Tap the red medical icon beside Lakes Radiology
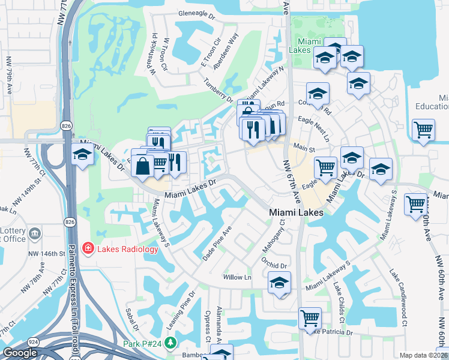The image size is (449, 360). coord(88,248)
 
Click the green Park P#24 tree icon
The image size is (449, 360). coord(171,343)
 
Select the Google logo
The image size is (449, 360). coord(20,353)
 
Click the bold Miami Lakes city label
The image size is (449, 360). coord(296,212)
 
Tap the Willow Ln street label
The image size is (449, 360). coord(237,277)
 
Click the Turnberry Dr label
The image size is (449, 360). coord(217,90)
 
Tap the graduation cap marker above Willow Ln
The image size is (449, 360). coord(279,282)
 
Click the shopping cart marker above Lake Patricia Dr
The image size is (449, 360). coord(310,318)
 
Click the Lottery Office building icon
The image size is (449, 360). coord(35,233)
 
